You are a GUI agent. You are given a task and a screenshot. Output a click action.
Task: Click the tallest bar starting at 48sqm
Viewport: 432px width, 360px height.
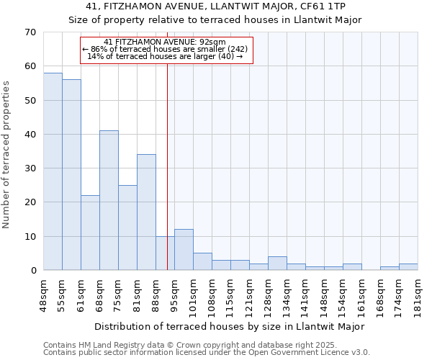tap(53, 171)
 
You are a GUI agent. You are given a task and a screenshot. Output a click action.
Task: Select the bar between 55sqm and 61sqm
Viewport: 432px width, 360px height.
tap(71, 175)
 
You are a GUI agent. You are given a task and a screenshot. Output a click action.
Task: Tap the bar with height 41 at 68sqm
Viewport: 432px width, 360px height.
tap(109, 200)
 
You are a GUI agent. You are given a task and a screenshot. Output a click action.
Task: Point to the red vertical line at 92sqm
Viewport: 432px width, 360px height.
tap(167, 166)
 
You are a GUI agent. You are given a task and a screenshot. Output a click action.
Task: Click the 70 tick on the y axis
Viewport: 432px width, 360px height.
tap(30, 32)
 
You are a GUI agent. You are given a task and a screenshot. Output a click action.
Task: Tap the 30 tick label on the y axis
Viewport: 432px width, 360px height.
tap(30, 168)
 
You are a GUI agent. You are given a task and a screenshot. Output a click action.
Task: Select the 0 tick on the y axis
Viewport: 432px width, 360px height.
tap(32, 271)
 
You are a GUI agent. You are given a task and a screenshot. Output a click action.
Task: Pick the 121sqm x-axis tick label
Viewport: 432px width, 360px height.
tap(250, 294)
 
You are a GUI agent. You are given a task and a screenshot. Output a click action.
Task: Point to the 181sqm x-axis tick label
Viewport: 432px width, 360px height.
tap(418, 294)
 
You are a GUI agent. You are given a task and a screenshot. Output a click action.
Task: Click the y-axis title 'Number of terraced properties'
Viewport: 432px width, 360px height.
tap(6, 154)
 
